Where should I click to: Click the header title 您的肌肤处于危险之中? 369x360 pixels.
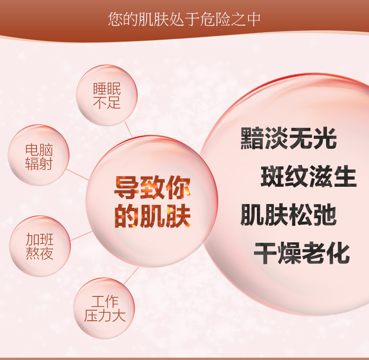184,19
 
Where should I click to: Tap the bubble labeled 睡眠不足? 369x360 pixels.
106,95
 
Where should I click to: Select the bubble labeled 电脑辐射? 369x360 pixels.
39,155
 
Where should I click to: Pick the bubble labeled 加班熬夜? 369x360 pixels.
40,246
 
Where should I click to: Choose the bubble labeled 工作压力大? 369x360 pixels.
104,308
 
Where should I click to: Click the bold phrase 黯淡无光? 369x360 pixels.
288,138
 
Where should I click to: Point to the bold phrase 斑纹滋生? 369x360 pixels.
309,176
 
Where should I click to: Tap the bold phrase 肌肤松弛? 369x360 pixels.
288,214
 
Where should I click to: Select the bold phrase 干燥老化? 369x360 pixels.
302,253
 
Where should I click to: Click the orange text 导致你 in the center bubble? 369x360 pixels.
152,188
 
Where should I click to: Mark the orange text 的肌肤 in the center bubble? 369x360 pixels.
152,216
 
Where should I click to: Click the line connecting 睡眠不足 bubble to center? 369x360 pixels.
128,129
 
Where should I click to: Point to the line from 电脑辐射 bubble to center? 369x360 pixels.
78,175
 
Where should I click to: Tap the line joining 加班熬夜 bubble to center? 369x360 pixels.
81,236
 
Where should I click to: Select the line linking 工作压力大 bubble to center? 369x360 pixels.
131,275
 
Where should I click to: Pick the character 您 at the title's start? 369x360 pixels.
115,19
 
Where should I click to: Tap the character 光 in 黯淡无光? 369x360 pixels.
325,138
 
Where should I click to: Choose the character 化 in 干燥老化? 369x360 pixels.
339,253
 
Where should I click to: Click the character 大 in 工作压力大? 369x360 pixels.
119,315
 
